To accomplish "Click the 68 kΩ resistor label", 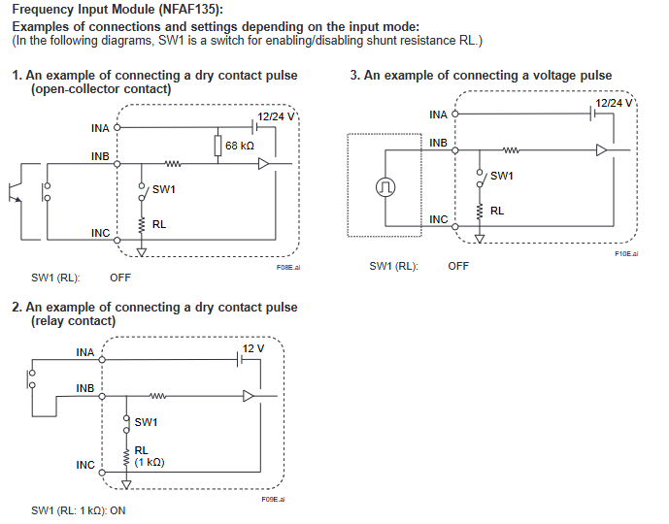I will click(x=240, y=146).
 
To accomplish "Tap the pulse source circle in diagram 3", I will click(x=386, y=185).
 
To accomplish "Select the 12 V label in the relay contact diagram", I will click(x=252, y=347).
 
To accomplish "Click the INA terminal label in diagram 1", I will click(x=99, y=127).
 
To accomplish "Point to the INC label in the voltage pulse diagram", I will click(x=438, y=219).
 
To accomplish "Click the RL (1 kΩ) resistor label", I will click(x=149, y=455).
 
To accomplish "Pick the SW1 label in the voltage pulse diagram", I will click(x=502, y=176).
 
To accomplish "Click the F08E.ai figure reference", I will click(x=288, y=267).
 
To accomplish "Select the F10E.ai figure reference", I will click(x=626, y=253).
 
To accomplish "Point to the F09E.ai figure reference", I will click(x=273, y=499).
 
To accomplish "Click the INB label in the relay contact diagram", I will click(x=85, y=388).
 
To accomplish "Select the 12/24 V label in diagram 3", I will click(x=614, y=102).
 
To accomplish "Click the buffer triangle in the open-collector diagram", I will click(x=263, y=164).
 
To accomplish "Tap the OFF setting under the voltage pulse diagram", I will click(x=458, y=266).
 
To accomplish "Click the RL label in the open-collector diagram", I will click(x=159, y=223).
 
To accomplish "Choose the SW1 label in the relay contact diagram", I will click(x=146, y=422).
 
